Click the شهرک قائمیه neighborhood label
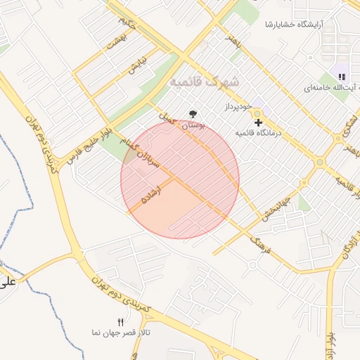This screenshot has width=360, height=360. click(x=201, y=82)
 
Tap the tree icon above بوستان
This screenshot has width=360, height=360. click(x=193, y=114)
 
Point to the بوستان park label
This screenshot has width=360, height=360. click(x=193, y=126)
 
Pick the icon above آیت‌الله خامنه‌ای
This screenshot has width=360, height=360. click(x=342, y=76)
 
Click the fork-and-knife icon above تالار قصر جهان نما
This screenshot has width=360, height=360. click(x=120, y=321)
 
